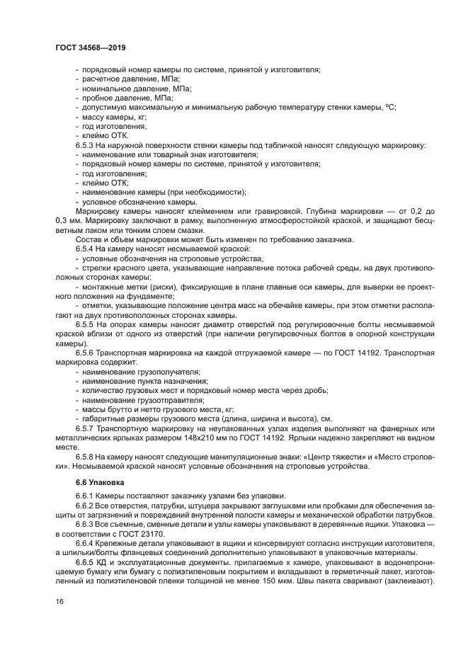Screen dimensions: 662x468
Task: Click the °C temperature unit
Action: pos(388,106)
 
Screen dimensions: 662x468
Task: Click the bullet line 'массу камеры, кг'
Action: pos(115,116)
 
